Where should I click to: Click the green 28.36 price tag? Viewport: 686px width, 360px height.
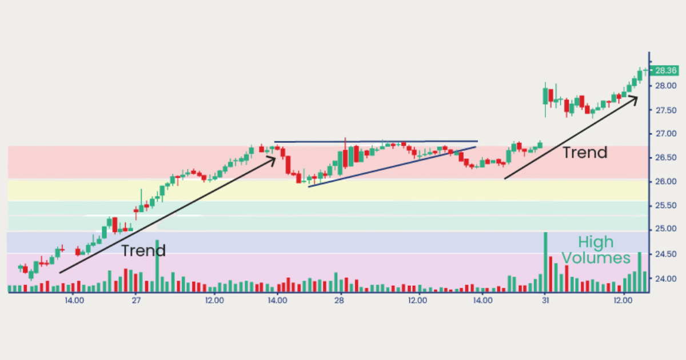click(666, 71)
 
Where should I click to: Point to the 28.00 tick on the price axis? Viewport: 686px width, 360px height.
click(666, 86)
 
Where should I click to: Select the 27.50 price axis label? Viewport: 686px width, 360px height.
click(666, 110)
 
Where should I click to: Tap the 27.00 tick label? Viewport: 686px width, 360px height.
click(666, 134)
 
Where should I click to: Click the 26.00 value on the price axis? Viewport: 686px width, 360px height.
click(666, 182)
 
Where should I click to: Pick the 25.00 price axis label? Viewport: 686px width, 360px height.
click(666, 229)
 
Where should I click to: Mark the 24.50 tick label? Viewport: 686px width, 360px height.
click(666, 254)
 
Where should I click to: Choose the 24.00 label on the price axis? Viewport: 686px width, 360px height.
click(666, 279)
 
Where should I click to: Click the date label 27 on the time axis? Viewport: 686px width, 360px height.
click(135, 299)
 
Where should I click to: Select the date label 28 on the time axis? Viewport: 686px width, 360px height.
click(340, 299)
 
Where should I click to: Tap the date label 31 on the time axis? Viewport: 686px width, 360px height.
click(545, 299)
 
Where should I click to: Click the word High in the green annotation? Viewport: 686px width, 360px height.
click(596, 242)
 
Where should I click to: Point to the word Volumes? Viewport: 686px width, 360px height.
click(596, 258)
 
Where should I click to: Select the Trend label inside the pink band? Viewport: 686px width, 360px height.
click(585, 153)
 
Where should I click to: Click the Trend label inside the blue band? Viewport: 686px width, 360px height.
click(143, 250)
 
